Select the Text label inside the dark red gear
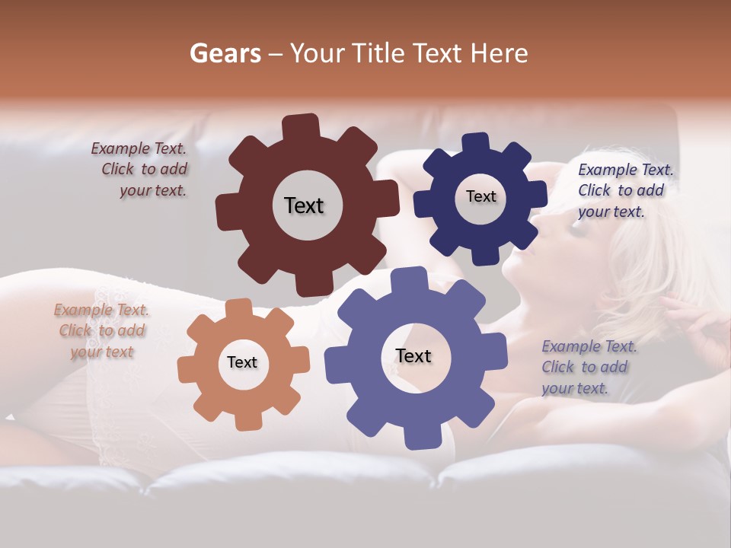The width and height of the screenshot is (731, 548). [x=304, y=205]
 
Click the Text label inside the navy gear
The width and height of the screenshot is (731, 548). [x=480, y=196]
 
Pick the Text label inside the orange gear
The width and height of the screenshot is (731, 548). [x=242, y=363]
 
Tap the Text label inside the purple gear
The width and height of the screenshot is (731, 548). [x=413, y=356]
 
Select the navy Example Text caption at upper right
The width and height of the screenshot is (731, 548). [x=624, y=191]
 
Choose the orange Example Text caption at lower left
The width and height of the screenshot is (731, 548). [x=101, y=331]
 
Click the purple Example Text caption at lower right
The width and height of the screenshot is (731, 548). [x=588, y=368]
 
